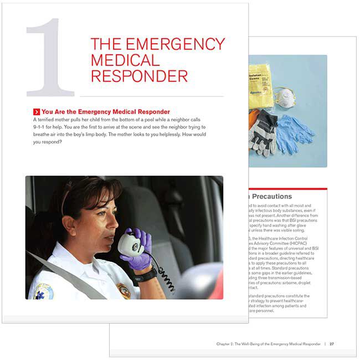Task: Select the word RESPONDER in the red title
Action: point(139,76)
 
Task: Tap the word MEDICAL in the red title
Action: point(125,60)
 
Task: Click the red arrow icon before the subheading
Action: point(37,111)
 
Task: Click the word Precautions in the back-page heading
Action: point(271,197)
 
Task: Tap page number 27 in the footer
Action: point(331,344)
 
